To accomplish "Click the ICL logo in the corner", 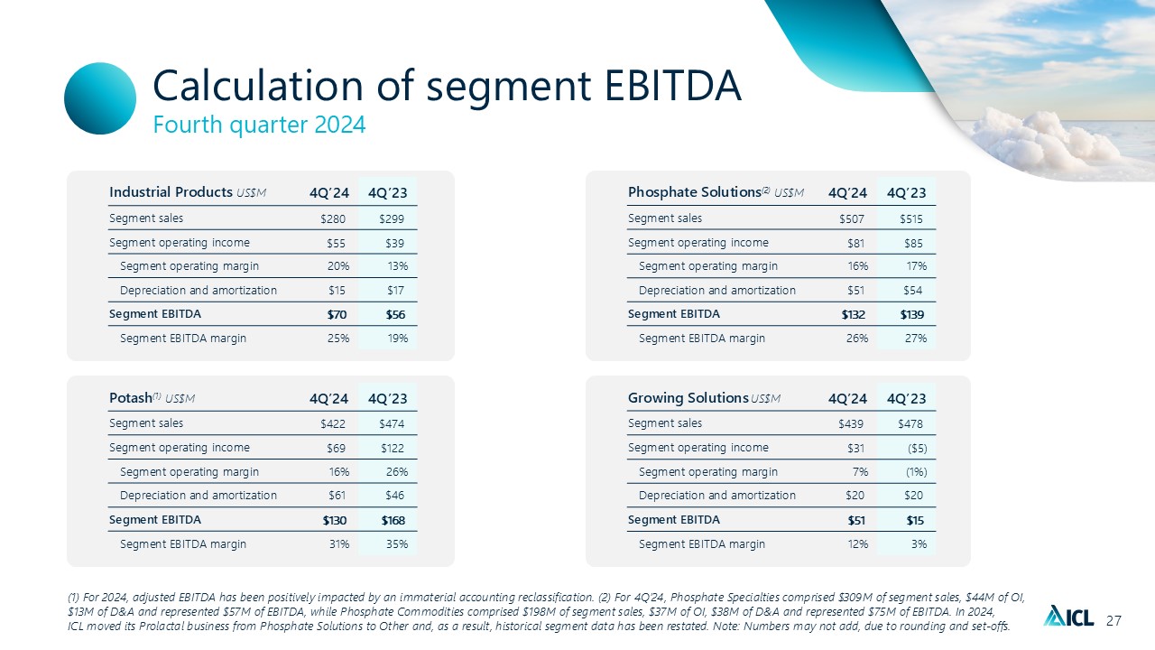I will (1068, 617).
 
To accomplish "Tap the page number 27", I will (1113, 620).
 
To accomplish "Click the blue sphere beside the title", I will (100, 98).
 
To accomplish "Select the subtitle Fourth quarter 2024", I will (259, 125).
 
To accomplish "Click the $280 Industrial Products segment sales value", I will (334, 218).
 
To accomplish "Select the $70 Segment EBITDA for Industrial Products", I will (336, 314).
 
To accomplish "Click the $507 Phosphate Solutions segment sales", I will (853, 218).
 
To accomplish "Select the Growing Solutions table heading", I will (688, 398).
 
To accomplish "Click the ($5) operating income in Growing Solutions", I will (913, 448).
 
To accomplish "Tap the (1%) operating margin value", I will (912, 471).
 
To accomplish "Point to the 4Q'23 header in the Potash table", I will (387, 398).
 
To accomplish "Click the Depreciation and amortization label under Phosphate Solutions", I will (717, 291).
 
